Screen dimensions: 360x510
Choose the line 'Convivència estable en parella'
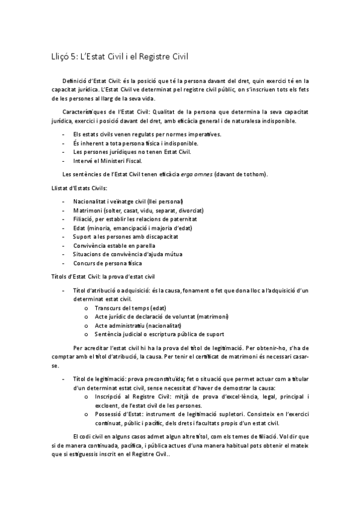pyautogui.click(x=114, y=245)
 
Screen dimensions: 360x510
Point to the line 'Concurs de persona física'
pyautogui.click(x=107, y=263)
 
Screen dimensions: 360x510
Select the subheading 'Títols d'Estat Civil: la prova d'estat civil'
pyautogui.click(x=103, y=276)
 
